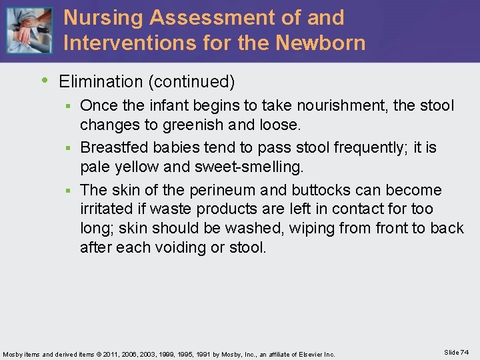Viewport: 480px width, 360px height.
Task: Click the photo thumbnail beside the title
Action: point(29,31)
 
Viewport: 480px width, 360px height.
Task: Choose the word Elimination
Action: point(101,82)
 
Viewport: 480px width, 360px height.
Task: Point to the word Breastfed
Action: point(118,147)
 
